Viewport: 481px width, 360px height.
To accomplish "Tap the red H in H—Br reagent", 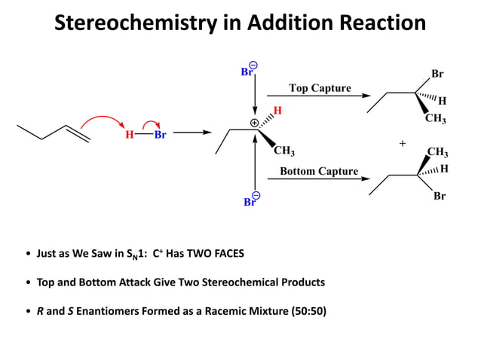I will point(130,136).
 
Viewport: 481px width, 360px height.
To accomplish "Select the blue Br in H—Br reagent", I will point(160,136).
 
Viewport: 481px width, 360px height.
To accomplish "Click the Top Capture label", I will point(320,88).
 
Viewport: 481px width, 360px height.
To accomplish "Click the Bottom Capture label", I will point(319,171).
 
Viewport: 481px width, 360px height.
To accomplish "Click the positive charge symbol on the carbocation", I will point(254,122).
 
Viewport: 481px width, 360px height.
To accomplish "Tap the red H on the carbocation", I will point(277,111).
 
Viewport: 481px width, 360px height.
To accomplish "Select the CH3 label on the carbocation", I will point(283,152).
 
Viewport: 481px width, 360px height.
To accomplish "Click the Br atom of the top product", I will point(437,74).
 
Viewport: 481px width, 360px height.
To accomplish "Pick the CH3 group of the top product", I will point(435,118).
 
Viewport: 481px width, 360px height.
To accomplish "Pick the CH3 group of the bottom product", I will point(437,152).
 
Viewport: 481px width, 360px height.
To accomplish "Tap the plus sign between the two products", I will point(402,142).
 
